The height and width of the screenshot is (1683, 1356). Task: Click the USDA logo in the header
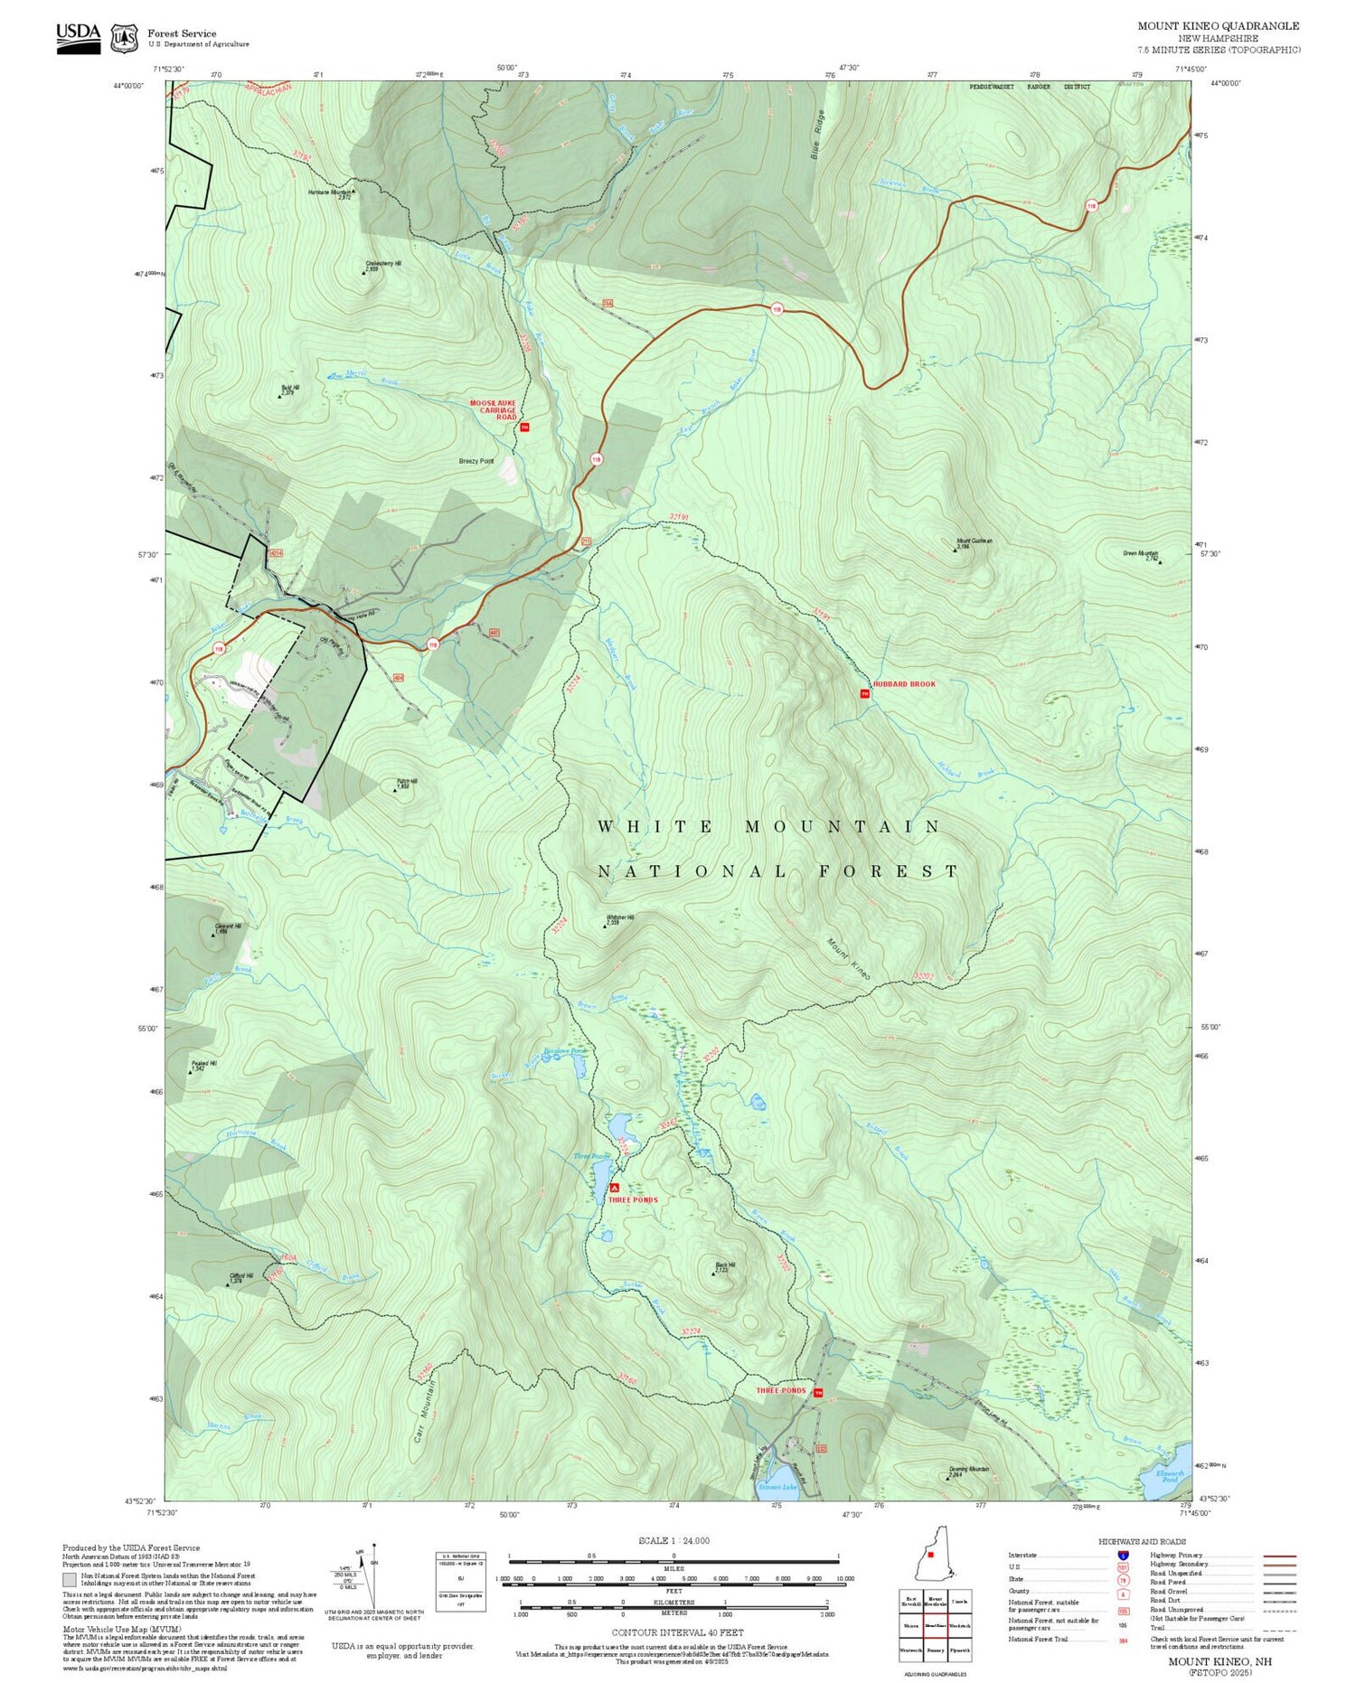click(78, 37)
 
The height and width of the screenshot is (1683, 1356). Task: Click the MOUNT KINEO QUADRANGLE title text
click(1218, 26)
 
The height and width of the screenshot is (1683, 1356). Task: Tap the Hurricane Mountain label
click(330, 193)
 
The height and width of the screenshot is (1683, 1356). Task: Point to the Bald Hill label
click(289, 388)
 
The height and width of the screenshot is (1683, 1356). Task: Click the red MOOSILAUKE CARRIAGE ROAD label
click(493, 409)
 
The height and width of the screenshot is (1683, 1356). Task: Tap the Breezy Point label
click(476, 461)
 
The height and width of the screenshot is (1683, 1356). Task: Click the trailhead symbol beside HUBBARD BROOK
click(864, 694)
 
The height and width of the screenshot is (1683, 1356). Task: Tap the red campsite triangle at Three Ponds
click(615, 1188)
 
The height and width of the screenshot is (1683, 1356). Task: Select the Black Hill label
click(725, 1265)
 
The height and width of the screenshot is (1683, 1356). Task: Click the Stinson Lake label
click(778, 1486)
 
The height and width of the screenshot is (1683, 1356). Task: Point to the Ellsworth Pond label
click(1170, 1476)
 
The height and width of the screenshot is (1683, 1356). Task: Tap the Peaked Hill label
click(203, 1064)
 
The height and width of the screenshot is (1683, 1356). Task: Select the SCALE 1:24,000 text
click(673, 1541)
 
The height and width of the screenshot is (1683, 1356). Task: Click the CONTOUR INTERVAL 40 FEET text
click(677, 1632)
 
